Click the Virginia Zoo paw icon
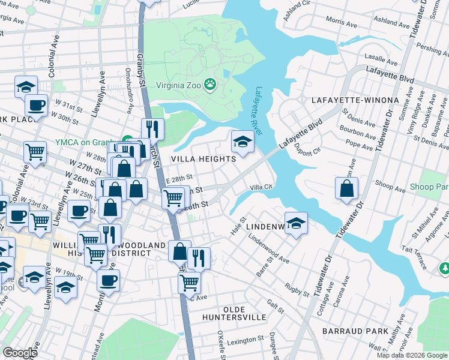click(210, 85)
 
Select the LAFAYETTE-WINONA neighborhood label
click(355, 100)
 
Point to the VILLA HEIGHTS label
click(203, 159)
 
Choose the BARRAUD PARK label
click(355, 331)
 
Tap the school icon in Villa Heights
click(242, 142)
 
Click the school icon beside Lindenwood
click(296, 224)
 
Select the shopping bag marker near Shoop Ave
click(347, 188)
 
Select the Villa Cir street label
click(262, 187)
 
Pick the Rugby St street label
click(297, 291)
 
